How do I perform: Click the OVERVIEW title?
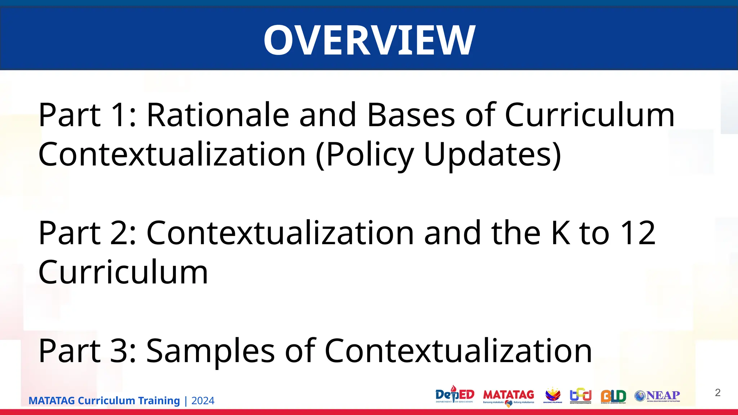click(369, 40)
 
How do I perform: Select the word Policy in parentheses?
click(365, 155)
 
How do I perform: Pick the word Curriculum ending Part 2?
click(123, 272)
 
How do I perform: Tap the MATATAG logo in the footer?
click(508, 396)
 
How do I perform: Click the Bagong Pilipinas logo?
click(552, 395)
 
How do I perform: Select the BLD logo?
click(613, 396)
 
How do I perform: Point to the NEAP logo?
click(657, 396)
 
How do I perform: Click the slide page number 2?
click(717, 393)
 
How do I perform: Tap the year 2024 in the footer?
click(203, 401)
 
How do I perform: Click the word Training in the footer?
click(159, 401)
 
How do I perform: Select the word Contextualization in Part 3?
click(458, 351)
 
